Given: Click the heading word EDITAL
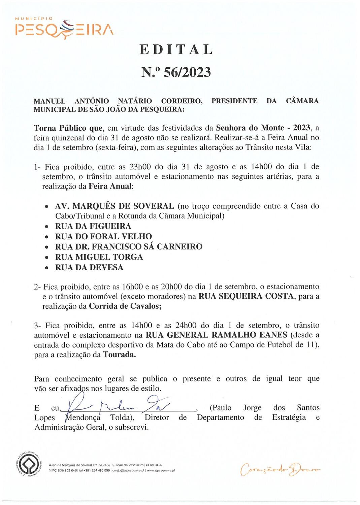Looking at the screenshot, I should pyautogui.click(x=176, y=49).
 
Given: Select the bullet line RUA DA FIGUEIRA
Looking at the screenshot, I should pyautogui.click(x=93, y=226).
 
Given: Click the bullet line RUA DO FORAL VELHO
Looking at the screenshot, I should pyautogui.click(x=103, y=237).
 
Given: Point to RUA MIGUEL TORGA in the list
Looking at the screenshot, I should pyautogui.click(x=99, y=257).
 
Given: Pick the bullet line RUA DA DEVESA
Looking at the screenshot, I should pyautogui.click(x=89, y=268).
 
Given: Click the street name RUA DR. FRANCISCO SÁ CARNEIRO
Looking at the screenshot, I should pyautogui.click(x=129, y=247).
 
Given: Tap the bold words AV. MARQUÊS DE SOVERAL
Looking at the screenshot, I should pyautogui.click(x=114, y=206).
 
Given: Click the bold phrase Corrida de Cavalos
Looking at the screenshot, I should pyautogui.click(x=125, y=306).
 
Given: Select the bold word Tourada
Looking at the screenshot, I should pyautogui.click(x=119, y=355).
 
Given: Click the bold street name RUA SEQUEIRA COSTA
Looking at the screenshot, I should pyautogui.click(x=246, y=297).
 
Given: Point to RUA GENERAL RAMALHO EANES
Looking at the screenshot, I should pyautogui.click(x=216, y=335).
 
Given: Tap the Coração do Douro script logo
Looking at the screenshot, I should pyautogui.click(x=280, y=469).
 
